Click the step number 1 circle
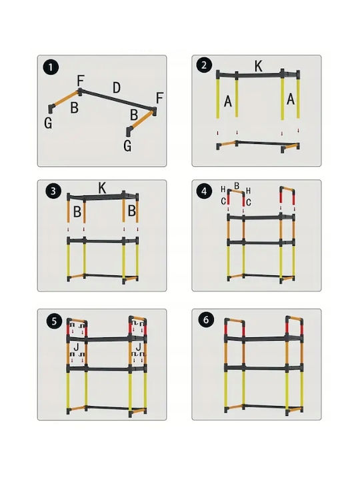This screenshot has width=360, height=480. (51, 67)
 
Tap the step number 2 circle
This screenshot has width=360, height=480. (204, 65)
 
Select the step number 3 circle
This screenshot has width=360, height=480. (53, 191)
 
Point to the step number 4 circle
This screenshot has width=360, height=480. (204, 192)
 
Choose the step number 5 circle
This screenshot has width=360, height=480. (54, 321)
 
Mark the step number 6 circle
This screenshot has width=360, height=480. (205, 320)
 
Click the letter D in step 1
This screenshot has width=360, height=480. (116, 88)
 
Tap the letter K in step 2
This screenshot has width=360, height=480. (259, 66)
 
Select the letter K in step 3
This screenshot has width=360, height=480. (102, 188)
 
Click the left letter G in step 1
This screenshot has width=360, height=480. (48, 123)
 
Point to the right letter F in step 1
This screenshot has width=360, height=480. (159, 98)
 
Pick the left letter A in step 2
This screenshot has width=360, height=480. (228, 101)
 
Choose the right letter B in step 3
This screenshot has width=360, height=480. (131, 211)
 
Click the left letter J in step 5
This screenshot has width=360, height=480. (76, 347)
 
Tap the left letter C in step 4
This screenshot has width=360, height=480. (223, 201)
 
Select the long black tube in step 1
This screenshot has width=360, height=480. (116, 99)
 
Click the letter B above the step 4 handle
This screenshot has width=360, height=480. (237, 186)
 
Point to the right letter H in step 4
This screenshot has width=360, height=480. (248, 191)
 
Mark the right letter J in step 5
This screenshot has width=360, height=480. (139, 347)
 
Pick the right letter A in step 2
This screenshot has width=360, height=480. (290, 99)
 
